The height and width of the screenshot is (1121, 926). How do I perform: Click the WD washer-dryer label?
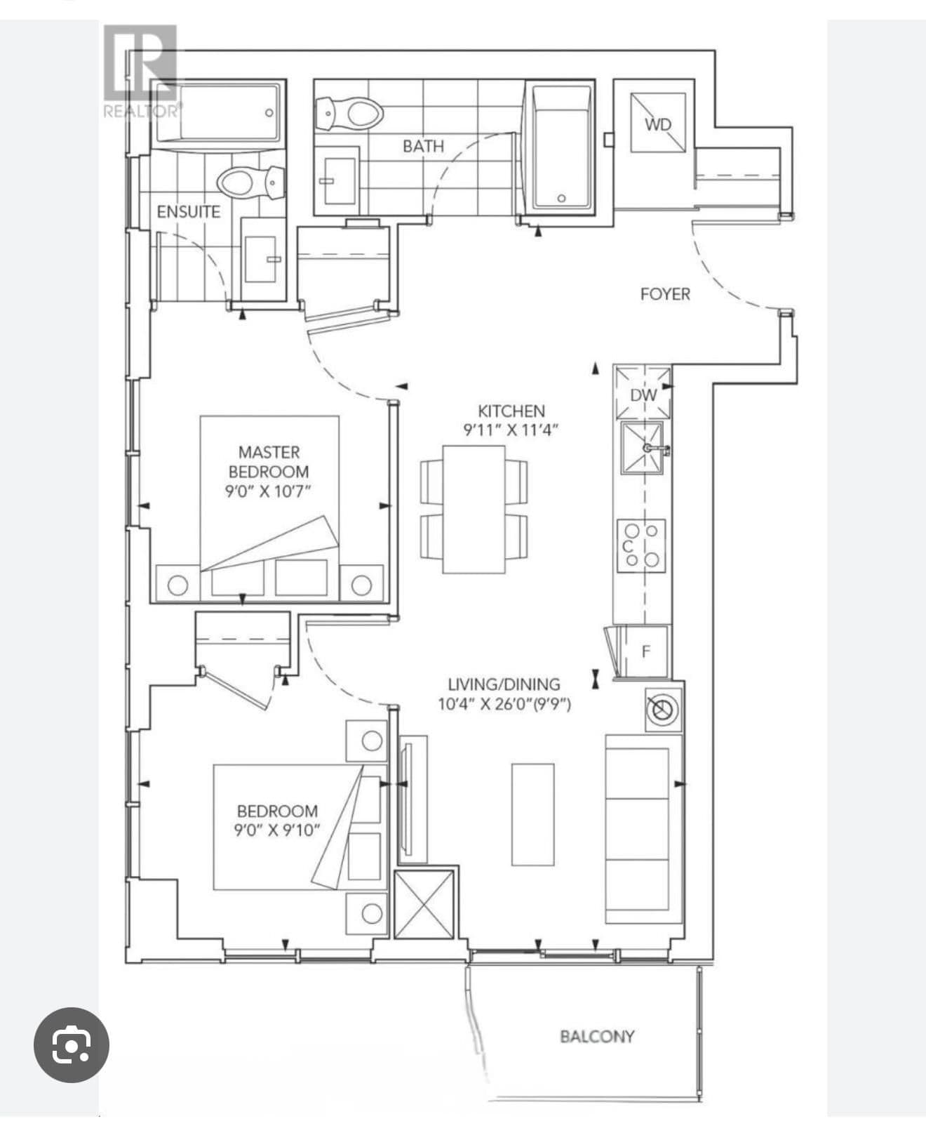click(658, 124)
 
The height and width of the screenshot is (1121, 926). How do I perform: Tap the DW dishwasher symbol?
click(643, 394)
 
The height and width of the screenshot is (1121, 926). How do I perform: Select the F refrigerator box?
click(646, 651)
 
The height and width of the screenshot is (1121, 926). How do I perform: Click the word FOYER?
click(664, 294)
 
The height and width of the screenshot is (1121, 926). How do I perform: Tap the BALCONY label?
click(597, 1036)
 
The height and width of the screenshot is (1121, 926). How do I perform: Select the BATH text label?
click(423, 146)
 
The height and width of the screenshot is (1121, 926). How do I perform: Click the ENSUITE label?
click(188, 211)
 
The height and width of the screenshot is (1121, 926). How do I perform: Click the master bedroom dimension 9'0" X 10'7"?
click(268, 491)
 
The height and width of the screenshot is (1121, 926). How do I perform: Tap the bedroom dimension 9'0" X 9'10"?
click(277, 830)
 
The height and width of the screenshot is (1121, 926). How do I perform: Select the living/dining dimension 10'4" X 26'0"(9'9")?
click(504, 704)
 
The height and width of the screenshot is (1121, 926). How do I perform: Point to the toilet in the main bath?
click(349, 113)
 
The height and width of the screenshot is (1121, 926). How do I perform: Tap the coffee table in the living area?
click(532, 814)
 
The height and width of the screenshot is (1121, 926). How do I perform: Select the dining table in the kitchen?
click(474, 509)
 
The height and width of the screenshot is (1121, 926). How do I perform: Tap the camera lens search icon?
click(72, 1044)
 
